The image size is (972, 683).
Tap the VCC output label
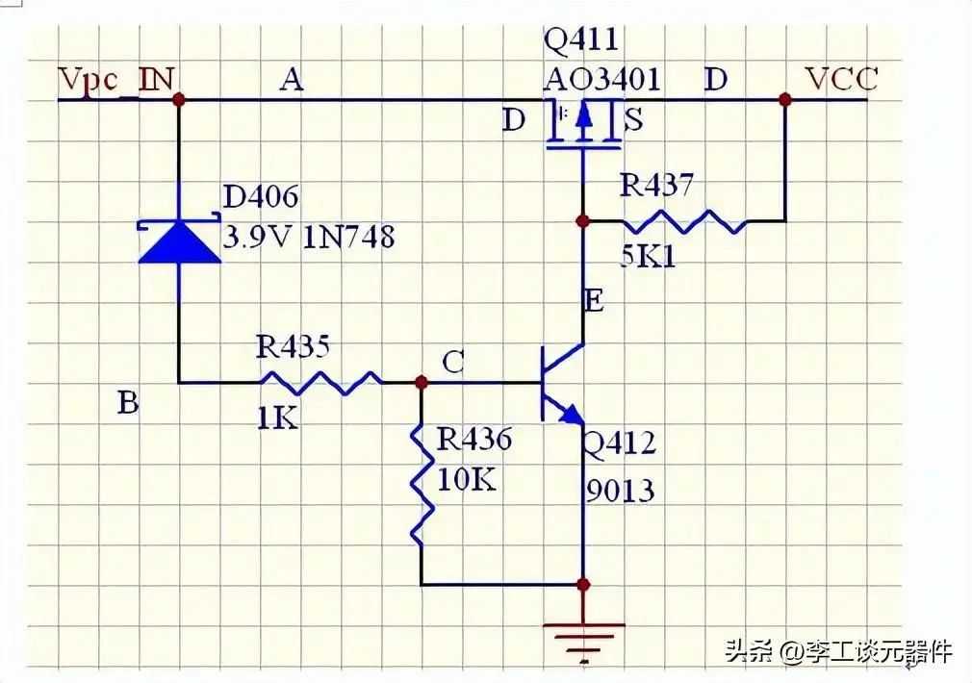[x=842, y=79]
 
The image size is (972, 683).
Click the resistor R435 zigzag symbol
[x=321, y=383]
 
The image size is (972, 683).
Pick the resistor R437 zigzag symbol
[x=684, y=220]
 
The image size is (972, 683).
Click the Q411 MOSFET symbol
[x=583, y=125]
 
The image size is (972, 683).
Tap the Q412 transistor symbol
[x=562, y=384]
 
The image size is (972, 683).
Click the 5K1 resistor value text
[x=649, y=255]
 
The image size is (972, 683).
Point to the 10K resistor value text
[x=467, y=479]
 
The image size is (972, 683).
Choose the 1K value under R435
[x=277, y=419]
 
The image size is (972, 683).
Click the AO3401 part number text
[x=601, y=79]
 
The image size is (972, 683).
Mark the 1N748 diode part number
[x=348, y=237]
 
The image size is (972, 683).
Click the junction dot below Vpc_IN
[x=179, y=99]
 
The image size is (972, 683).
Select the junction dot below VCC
[x=784, y=99]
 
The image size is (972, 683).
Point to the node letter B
[x=128, y=403]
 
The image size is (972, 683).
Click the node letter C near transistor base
[x=454, y=362]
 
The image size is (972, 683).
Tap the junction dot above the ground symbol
[x=583, y=585]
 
